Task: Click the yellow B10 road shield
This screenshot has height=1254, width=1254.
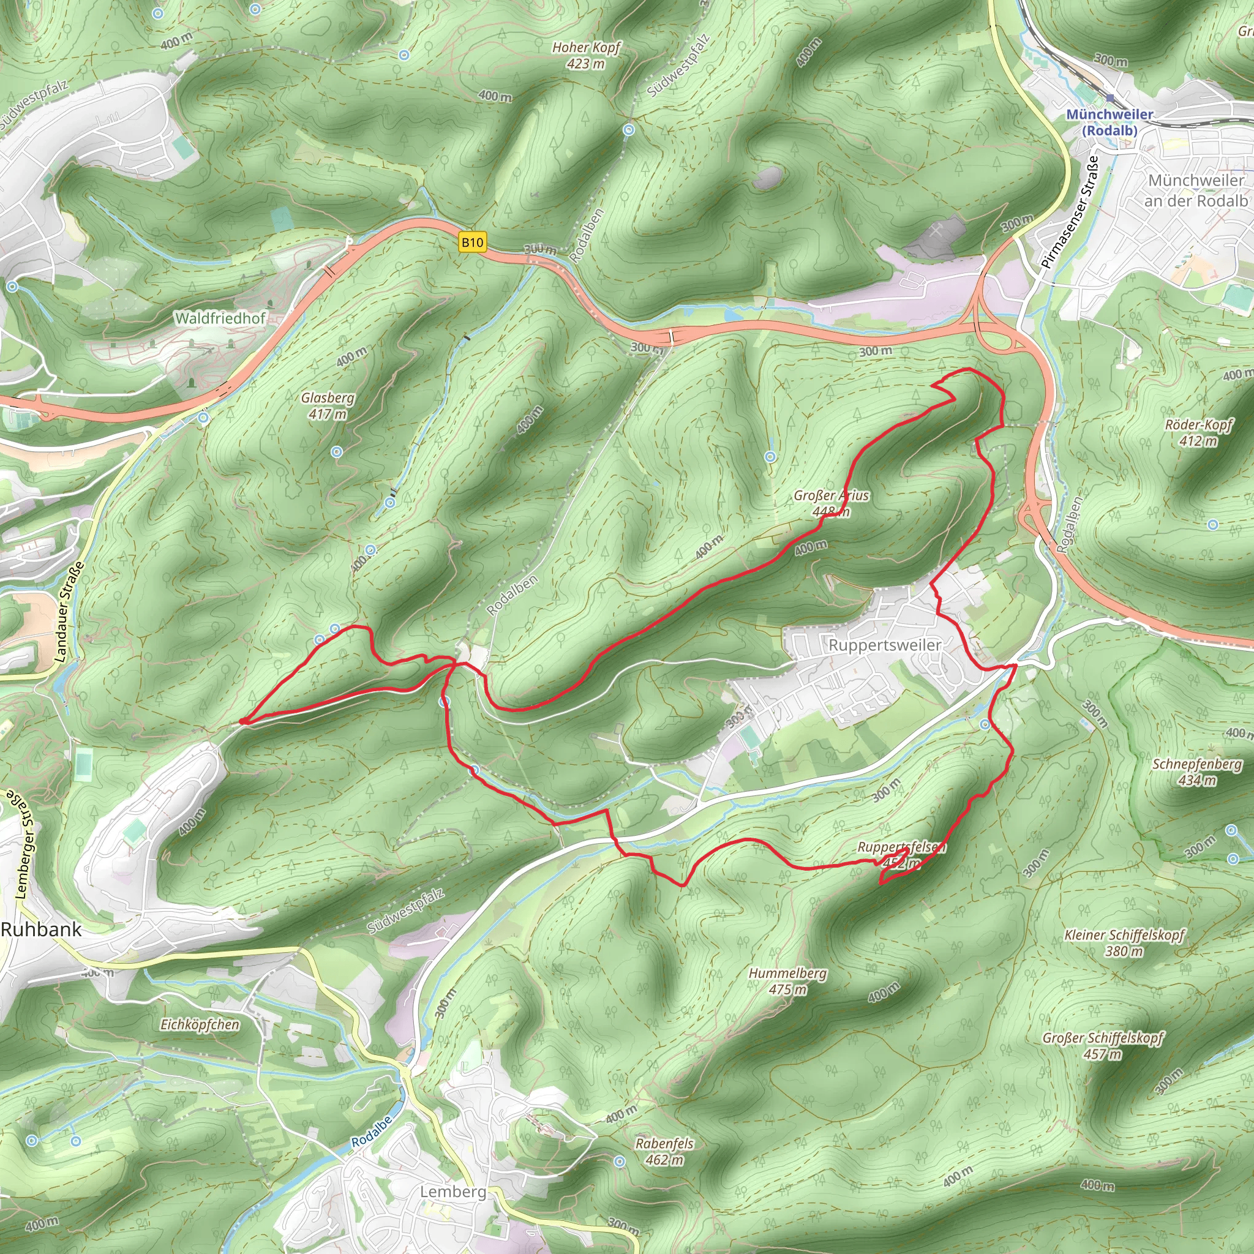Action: click(x=472, y=242)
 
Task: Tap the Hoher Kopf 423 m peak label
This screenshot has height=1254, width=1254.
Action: click(x=586, y=55)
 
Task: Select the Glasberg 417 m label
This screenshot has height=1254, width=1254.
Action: click(x=328, y=406)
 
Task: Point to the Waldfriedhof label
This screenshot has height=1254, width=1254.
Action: click(x=220, y=318)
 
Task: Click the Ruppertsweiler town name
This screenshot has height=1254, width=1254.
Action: click(x=885, y=645)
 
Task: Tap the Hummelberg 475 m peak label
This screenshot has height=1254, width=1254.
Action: click(x=787, y=981)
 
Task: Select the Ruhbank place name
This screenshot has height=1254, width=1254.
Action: click(x=42, y=929)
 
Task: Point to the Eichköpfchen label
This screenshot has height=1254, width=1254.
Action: click(x=200, y=1025)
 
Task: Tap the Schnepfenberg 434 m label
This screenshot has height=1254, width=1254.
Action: click(x=1197, y=772)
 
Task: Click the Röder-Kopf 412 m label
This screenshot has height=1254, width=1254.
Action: click(x=1198, y=432)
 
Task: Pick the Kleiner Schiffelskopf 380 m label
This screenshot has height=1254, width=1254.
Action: click(x=1124, y=943)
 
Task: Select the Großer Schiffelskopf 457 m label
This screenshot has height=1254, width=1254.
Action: click(x=1103, y=1046)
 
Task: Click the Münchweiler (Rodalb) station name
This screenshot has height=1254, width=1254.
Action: click(x=1109, y=122)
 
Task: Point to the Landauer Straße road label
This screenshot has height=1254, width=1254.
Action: click(x=69, y=612)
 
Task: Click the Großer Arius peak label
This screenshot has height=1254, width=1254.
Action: click(x=831, y=503)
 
